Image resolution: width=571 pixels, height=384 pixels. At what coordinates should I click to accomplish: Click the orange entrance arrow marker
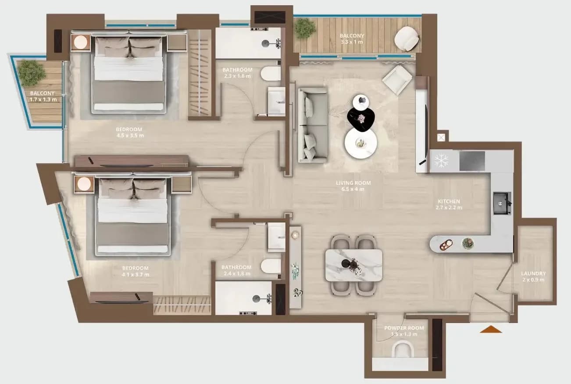(491, 330)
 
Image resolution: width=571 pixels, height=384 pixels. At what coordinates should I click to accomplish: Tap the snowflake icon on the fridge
(441, 161)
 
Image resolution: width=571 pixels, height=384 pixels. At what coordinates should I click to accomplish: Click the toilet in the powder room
(403, 349)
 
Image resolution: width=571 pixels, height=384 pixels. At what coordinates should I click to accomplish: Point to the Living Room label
(353, 183)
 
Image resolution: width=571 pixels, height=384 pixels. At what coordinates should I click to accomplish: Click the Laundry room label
(533, 273)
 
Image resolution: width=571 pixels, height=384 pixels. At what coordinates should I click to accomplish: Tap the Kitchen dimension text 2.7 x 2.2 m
(449, 208)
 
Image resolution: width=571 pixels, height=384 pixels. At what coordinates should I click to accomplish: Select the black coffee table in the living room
(361, 120)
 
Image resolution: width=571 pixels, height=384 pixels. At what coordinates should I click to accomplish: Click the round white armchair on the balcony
(407, 39)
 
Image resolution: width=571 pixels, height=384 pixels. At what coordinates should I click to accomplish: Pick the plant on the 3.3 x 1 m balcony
(305, 28)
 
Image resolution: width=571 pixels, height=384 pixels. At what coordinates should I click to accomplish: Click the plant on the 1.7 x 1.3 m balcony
(31, 73)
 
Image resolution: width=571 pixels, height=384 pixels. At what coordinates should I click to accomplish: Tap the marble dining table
(354, 266)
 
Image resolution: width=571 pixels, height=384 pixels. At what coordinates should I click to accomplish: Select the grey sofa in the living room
(313, 125)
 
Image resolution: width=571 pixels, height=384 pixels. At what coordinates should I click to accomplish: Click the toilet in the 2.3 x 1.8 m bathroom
(271, 74)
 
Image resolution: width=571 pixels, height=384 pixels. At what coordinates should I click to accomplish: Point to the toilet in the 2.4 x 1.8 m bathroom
(271, 266)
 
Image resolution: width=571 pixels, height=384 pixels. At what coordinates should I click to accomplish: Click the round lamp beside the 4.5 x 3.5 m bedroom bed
(81, 43)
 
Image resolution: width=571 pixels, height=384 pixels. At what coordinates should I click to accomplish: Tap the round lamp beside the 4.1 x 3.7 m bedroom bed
(84, 184)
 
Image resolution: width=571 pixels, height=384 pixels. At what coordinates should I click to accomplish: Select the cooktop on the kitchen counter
(472, 161)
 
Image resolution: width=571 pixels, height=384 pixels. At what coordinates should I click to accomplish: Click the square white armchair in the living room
(397, 80)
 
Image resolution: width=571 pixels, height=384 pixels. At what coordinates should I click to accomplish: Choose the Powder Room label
(404, 328)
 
